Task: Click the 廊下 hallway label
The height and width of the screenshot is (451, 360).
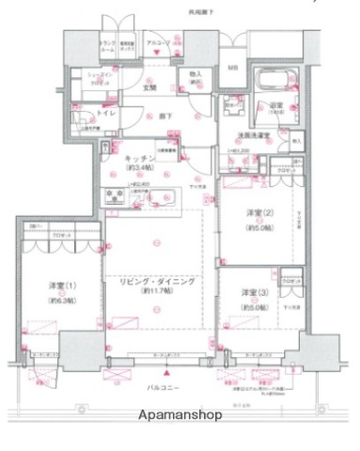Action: click(164, 116)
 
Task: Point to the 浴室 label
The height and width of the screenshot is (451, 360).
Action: click(275, 105)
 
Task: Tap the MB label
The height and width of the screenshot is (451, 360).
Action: click(232, 67)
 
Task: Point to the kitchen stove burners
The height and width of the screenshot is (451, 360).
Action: click(117, 195)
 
